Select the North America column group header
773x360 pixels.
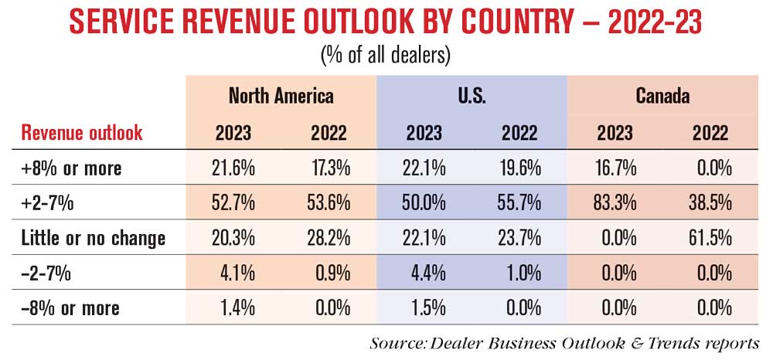(x=281, y=96)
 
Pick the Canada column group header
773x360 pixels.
(x=662, y=96)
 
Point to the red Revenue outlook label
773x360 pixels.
(x=82, y=132)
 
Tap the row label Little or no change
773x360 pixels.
(x=94, y=238)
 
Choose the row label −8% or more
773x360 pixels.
(x=70, y=308)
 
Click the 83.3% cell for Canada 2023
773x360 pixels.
(x=616, y=203)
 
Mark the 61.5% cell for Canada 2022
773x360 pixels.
(x=711, y=238)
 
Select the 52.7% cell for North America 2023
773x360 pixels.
(x=234, y=203)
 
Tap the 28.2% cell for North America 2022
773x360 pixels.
(x=329, y=238)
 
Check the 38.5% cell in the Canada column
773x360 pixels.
(x=711, y=203)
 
